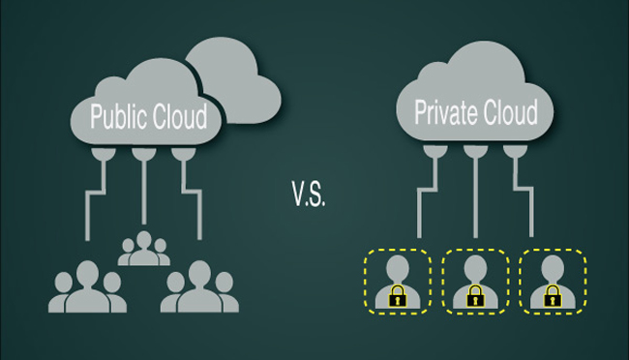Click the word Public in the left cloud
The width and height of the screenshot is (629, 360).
[x=118, y=117]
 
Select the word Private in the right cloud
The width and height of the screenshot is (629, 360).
[x=446, y=113]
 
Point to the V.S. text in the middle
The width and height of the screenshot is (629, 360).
[x=309, y=194]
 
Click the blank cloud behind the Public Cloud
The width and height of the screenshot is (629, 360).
[x=237, y=80]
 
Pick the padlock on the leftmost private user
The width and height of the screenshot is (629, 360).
[x=398, y=296]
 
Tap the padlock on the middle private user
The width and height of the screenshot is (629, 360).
[x=475, y=296]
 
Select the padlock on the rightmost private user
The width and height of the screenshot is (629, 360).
[x=553, y=296]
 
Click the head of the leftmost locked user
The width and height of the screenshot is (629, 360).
[x=398, y=268]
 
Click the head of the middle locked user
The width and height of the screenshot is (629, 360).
[x=475, y=268]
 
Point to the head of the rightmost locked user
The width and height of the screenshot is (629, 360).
[x=553, y=268]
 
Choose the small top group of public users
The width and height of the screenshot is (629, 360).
[x=143, y=249]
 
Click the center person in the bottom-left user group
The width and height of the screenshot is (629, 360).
[x=87, y=287]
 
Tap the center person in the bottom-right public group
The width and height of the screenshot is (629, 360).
[x=199, y=287]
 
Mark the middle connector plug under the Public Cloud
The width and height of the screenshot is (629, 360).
[x=144, y=154]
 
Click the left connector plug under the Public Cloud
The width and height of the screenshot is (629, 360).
[x=104, y=154]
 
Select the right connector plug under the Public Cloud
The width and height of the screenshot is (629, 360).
[x=184, y=154]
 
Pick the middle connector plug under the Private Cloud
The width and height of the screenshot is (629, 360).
[x=475, y=151]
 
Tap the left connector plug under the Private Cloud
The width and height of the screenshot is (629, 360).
[x=435, y=151]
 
